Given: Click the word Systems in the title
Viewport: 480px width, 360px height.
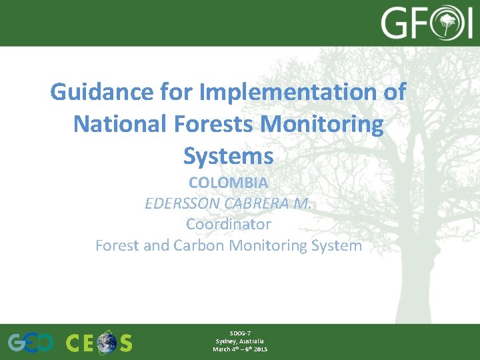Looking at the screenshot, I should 228,156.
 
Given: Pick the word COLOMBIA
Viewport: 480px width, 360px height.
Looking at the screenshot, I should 228,182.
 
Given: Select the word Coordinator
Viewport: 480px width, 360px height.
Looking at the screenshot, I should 228,224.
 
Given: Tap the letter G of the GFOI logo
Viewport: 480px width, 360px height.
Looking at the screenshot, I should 395,24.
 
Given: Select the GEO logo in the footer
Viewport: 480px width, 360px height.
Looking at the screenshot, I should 31,343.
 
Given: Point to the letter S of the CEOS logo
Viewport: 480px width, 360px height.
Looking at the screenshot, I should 125,343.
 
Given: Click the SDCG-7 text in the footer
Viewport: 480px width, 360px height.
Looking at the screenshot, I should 240,333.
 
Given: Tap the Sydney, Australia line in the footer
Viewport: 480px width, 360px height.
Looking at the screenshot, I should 240,341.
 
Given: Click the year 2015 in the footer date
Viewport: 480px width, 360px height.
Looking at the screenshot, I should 260,349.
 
